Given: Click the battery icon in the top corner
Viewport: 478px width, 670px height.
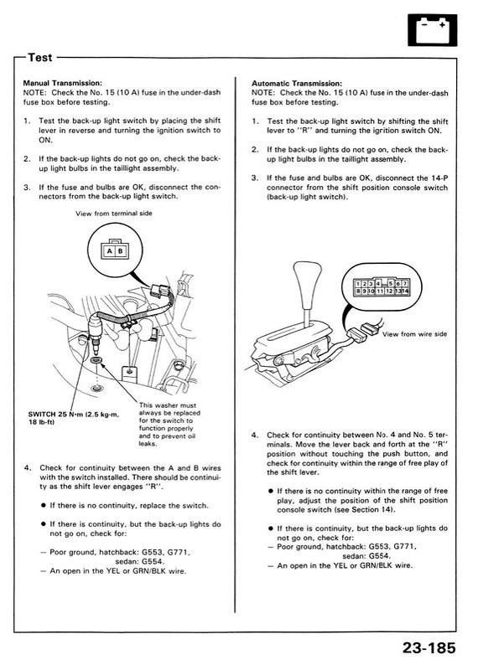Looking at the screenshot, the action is pos(432,30).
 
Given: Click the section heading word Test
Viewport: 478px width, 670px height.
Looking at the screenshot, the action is pos(39,57).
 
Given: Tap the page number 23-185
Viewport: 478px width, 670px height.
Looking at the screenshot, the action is pos(429,647).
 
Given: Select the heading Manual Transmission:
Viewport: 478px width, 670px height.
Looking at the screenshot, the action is pos(63,83).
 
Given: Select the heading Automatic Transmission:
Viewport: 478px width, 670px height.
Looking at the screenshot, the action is pos(297,83).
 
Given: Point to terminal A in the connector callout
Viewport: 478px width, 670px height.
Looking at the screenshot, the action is pos(110,250).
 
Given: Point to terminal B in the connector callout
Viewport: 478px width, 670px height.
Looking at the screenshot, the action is pos(120,250).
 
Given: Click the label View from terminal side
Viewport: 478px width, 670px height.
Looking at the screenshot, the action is pos(114,214).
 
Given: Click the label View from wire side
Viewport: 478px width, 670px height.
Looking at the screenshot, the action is pos(414,334).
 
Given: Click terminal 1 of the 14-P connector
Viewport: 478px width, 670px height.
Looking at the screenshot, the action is pos(358,284).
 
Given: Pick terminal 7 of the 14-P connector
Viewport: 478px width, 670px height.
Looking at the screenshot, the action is pos(404,284).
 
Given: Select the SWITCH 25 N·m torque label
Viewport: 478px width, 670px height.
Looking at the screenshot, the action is pos(74,418).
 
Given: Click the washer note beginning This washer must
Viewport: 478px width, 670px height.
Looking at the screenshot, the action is pos(169,425).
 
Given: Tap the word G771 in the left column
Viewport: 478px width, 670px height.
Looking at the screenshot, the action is pos(179,552).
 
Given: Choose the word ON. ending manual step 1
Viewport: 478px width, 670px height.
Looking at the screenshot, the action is pos(45,140).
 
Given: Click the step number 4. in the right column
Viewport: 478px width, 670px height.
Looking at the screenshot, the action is pos(256,435).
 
